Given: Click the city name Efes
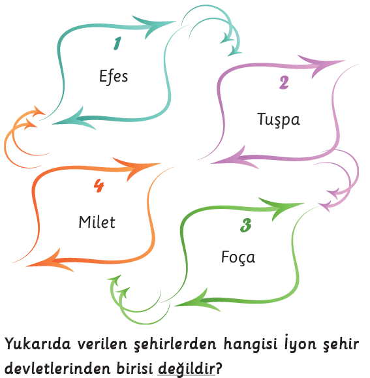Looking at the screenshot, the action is click(x=114, y=76).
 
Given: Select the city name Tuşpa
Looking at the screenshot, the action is click(x=279, y=119).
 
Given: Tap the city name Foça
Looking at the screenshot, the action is click(x=238, y=257).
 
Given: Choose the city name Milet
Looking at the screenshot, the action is click(x=97, y=222).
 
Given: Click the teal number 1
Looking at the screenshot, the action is click(x=117, y=43).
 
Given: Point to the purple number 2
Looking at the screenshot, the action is click(x=284, y=83).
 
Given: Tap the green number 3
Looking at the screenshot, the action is click(x=246, y=225).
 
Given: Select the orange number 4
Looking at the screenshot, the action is click(x=99, y=185).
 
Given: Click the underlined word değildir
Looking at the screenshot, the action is click(x=186, y=368).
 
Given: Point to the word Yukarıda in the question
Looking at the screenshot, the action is click(x=38, y=343).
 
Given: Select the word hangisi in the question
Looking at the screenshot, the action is click(x=251, y=344).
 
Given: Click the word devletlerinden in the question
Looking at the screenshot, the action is click(x=58, y=368).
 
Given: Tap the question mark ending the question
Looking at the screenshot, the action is click(x=218, y=368).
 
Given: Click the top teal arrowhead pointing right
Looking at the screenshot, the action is click(x=154, y=26).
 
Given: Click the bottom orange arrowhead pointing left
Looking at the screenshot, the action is click(x=50, y=262).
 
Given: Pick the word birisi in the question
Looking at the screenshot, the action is click(x=134, y=368).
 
